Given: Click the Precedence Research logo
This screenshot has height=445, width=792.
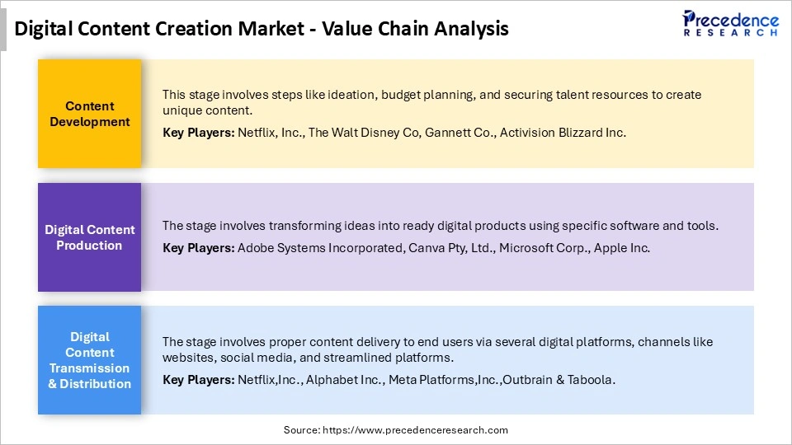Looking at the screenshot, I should pos(730,23).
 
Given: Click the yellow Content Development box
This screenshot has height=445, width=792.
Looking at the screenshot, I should pos(90,114).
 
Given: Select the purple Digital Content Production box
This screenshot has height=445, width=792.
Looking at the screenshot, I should pos(90,237).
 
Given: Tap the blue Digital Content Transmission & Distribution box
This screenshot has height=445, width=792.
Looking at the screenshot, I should pos(90,360).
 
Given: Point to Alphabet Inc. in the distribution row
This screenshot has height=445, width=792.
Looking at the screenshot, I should pos(348,380).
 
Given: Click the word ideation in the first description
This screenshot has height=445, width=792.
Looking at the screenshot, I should pos(330,95).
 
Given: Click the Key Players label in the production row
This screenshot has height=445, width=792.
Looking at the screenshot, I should pos(198,248).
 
